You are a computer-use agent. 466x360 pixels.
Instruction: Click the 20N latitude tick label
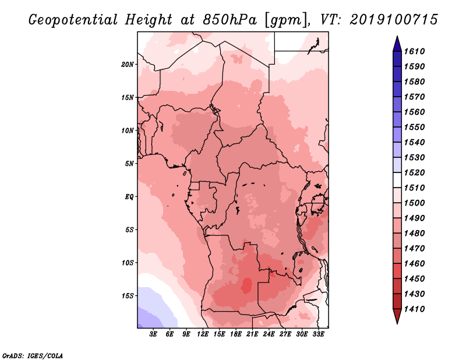pos(128,65)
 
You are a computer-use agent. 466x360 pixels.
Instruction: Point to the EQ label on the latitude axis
pos(129,197)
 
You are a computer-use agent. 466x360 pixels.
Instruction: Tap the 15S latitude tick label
pos(128,296)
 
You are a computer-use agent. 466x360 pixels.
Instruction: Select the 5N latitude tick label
pos(129,164)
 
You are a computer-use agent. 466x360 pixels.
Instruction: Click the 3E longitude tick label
pos(153,334)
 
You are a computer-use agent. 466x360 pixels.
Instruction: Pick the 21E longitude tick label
pos(252,334)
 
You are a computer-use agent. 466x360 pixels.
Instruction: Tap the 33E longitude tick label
pos(318,334)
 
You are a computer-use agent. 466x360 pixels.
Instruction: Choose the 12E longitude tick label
pos(203,334)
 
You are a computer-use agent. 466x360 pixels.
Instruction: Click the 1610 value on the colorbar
pos(415,51)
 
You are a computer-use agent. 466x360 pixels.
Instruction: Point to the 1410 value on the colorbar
pos(415,309)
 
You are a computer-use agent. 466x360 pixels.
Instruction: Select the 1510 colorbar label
pos(415,188)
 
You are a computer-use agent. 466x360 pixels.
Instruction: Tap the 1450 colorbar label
pos(415,279)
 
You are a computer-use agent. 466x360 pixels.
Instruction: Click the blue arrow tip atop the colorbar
pos(397,36)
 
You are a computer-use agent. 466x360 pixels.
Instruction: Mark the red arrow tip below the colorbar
pos(397,323)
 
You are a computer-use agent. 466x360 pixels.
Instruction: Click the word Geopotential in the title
pos(73,20)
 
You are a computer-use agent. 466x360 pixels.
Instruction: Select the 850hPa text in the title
pos(230,20)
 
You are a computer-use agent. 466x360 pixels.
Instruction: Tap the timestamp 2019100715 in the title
pos(394,20)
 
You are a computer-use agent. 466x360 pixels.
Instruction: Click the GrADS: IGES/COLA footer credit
pos(33,356)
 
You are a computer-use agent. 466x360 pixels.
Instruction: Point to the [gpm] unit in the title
pos(286,20)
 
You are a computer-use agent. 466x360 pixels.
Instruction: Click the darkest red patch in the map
pos(246,285)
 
